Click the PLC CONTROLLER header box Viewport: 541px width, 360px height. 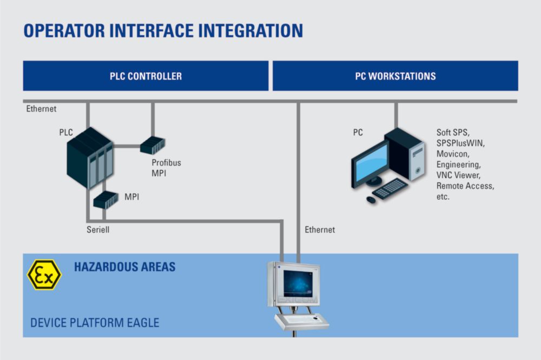(146, 76)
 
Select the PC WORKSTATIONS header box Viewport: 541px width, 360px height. (395, 76)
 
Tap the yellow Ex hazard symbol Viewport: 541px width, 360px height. (44, 275)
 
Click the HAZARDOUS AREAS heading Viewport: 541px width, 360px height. (124, 267)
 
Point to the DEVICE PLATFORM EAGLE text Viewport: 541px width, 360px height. (95, 323)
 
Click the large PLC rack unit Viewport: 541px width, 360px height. (90, 158)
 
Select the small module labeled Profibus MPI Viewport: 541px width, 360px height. (153, 145)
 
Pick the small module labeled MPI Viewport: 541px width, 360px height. (106, 200)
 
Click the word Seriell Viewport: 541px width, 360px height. (98, 230)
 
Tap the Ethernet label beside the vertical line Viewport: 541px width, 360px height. (320, 230)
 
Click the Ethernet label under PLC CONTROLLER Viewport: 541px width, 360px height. (41, 109)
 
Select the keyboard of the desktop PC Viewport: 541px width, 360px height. (390, 188)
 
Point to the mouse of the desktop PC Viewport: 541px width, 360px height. (371, 200)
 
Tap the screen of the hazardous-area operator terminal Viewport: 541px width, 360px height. (298, 284)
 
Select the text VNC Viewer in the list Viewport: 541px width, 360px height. (458, 175)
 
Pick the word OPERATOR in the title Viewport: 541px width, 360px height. (64, 31)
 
